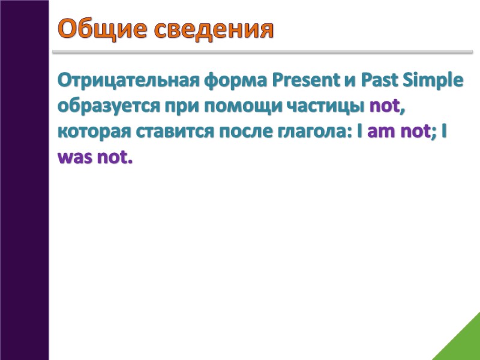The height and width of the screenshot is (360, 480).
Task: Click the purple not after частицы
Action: (384, 106)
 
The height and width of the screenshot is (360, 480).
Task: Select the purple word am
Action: (380, 132)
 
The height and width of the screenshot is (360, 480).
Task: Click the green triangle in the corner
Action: (462, 342)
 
